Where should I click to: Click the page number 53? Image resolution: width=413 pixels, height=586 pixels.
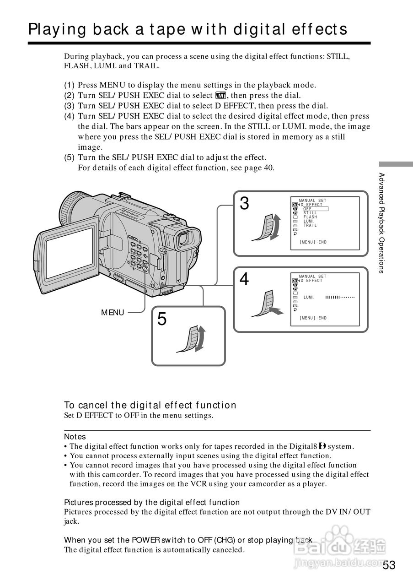click(389, 565)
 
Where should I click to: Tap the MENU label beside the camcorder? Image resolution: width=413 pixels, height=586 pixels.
click(113, 313)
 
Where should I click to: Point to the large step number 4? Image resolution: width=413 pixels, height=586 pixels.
click(245, 279)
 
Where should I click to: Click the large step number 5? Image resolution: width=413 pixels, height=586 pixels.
click(162, 319)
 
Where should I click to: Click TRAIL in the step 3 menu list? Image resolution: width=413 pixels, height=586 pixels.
click(310, 225)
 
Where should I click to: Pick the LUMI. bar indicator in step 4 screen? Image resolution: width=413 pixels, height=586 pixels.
click(340, 298)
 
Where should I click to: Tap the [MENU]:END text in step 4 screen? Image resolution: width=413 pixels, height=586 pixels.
click(313, 318)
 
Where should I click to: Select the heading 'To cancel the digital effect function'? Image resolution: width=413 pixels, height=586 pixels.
click(150, 405)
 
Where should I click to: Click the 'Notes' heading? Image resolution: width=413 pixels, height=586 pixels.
click(75, 437)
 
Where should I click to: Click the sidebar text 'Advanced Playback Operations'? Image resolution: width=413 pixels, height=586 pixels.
click(381, 222)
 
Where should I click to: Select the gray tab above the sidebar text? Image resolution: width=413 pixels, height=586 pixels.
click(396, 164)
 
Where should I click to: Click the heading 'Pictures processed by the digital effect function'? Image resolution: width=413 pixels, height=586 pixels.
click(151, 502)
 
